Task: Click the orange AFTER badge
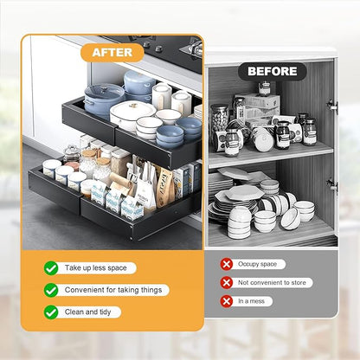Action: click(x=112, y=52)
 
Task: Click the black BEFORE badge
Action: click(x=273, y=71)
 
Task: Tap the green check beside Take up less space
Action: click(x=51, y=268)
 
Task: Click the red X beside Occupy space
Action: click(x=227, y=264)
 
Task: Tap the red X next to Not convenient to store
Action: click(x=227, y=282)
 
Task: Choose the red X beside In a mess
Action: click(x=227, y=301)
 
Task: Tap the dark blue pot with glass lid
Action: click(x=104, y=99)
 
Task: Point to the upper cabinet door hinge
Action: click(x=332, y=105)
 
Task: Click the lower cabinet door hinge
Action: click(x=332, y=184)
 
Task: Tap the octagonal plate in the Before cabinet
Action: click(x=244, y=191)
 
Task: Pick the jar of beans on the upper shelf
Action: click(x=220, y=116)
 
